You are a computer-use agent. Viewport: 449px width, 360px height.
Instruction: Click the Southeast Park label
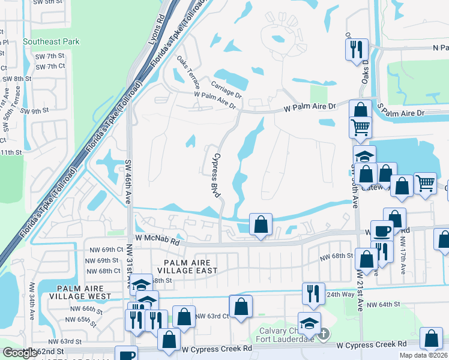pos(51,42)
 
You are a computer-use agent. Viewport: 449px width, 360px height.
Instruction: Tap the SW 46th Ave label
pos(128,182)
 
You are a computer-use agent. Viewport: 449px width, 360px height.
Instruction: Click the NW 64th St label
pos(382,305)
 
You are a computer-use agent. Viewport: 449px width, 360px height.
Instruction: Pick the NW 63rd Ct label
pos(212,316)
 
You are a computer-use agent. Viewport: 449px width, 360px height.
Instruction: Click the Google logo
pos(20,353)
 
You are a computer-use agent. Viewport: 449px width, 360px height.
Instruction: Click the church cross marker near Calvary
pos(324,334)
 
